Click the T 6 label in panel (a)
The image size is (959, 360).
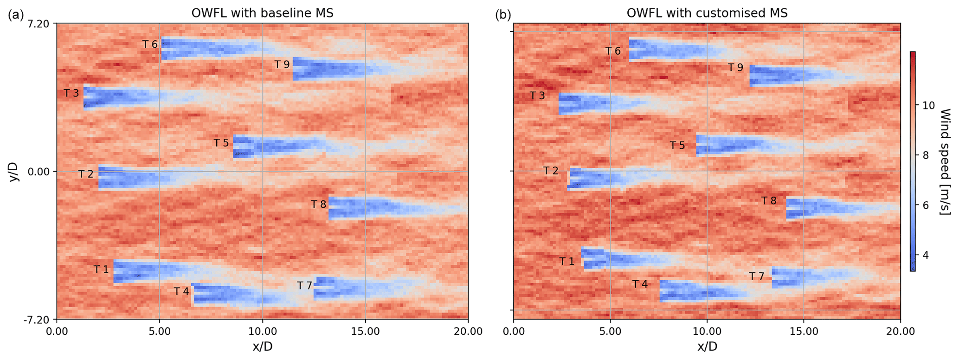150,45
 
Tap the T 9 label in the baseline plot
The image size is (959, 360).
282,64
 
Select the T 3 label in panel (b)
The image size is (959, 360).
537,96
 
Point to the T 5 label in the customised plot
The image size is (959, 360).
677,146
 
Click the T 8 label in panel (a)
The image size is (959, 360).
319,205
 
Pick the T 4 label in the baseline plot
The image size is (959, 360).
181,291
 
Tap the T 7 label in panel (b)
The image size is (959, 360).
757,276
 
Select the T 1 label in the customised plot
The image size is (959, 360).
566,262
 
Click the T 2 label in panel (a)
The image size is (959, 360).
86,174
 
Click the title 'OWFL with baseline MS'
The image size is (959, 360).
262,13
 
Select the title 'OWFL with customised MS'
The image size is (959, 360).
707,13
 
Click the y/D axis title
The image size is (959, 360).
14,172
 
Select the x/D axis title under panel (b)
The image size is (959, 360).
707,347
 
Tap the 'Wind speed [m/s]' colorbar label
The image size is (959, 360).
945,161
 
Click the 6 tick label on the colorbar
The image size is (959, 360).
926,206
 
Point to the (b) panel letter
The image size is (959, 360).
503,15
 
